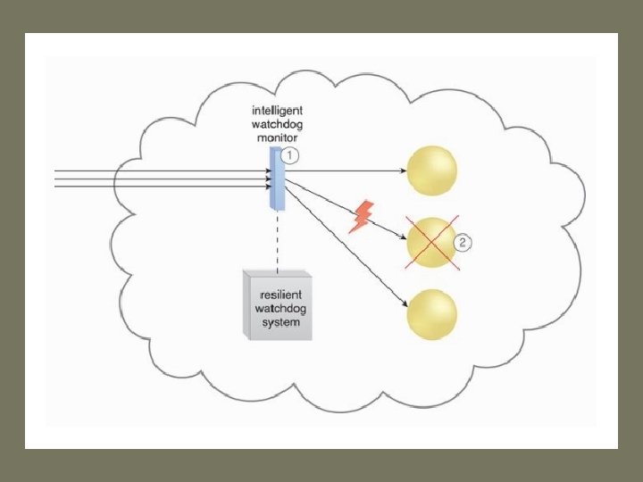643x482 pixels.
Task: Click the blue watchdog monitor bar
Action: [x=277, y=179]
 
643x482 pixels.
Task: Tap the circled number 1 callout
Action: [x=290, y=154]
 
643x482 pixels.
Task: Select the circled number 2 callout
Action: [x=463, y=243]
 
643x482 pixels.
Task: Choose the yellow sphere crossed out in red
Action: [x=432, y=242]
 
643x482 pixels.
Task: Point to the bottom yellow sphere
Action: [x=431, y=314]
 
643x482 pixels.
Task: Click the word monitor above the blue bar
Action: [x=277, y=140]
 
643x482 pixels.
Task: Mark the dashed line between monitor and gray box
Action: [x=278, y=241]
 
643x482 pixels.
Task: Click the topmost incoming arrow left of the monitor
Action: [x=161, y=170]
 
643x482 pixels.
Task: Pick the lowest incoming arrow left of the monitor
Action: [x=161, y=187]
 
